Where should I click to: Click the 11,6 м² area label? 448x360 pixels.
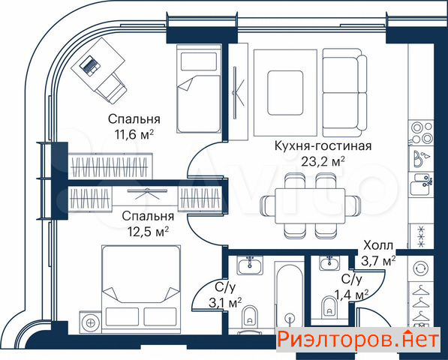tap(134, 135)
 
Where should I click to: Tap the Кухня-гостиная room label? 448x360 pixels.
tap(323, 146)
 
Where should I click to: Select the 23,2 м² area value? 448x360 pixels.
tap(323, 161)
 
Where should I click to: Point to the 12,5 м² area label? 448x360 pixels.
tap(148, 232)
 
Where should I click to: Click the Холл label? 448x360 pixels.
tap(378, 245)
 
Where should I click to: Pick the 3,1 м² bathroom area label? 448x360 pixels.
tap(225, 303)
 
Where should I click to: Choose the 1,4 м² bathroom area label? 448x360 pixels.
tap(352, 294)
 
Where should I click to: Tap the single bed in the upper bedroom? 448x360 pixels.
tap(199, 88)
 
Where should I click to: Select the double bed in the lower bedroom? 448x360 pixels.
tap(141, 289)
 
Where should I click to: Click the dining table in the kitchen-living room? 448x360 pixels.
tap(310, 205)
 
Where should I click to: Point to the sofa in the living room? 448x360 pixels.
tap(345, 93)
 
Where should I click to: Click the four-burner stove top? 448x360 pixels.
tap(421, 132)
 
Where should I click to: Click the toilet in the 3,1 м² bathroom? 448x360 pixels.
tap(250, 317)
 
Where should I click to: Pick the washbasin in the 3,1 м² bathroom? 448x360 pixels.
tap(250, 265)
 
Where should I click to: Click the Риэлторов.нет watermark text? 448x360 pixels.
tap(358, 340)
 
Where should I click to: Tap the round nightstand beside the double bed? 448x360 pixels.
tap(90, 322)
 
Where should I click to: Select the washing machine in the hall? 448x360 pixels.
tap(421, 268)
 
